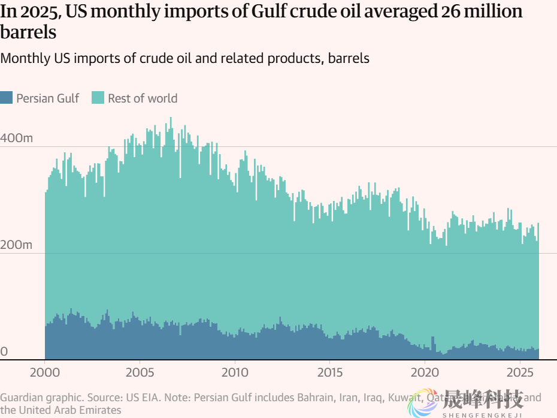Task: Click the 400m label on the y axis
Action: tap(17, 138)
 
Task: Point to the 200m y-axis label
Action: tap(16, 245)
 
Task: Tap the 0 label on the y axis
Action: tap(4, 351)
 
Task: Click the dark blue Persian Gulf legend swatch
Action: tap(7, 98)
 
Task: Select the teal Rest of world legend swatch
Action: tap(98, 98)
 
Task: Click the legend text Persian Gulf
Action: tap(48, 98)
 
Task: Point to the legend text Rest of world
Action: tap(143, 98)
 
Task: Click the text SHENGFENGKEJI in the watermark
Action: tap(482, 414)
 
